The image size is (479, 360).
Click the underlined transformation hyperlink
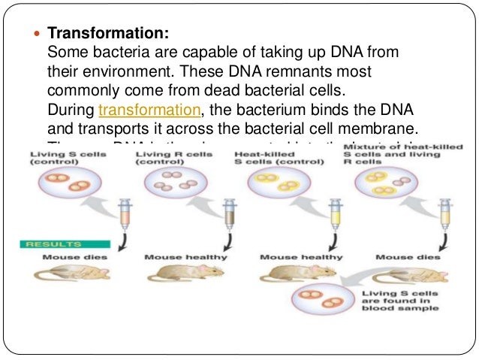(x=149, y=110)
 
